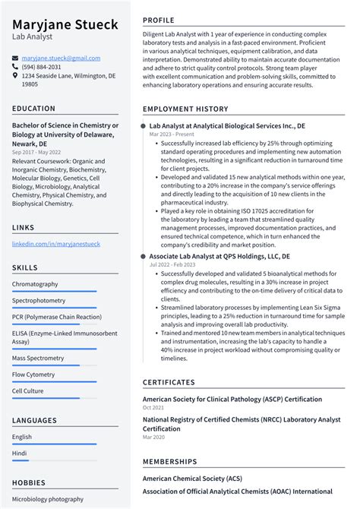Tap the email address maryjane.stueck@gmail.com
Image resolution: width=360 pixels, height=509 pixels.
click(61, 58)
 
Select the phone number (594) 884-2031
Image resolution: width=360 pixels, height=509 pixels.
click(42, 67)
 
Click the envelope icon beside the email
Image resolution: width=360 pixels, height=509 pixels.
click(15, 58)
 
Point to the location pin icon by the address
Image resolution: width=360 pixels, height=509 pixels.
click(15, 76)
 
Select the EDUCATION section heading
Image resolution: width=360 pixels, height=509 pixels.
click(33, 109)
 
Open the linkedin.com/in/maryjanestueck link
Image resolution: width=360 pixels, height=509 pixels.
click(55, 244)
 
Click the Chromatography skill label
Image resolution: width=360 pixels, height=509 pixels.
click(35, 284)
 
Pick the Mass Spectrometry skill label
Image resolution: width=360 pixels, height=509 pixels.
click(38, 357)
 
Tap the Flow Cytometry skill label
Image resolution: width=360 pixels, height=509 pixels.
click(34, 374)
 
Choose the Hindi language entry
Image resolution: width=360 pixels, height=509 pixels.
click(20, 453)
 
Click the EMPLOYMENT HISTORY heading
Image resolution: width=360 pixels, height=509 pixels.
click(185, 109)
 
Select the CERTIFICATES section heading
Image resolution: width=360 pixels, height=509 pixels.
click(169, 383)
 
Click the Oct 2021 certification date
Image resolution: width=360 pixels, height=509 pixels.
click(153, 408)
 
